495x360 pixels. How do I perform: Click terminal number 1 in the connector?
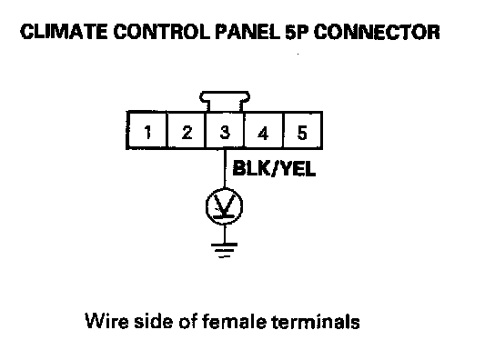pyautogui.click(x=146, y=130)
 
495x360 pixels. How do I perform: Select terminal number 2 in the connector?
pyautogui.click(x=187, y=130)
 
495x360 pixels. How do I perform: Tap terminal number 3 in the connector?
pyautogui.click(x=225, y=130)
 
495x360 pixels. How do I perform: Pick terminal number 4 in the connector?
pyautogui.click(x=264, y=130)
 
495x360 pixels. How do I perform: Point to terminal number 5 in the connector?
pyautogui.click(x=302, y=130)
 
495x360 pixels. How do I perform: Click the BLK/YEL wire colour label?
pyautogui.click(x=274, y=169)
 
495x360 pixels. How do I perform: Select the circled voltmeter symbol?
pyautogui.click(x=224, y=206)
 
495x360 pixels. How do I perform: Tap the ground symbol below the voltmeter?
pyautogui.click(x=224, y=250)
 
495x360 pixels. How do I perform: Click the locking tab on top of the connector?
pyautogui.click(x=225, y=101)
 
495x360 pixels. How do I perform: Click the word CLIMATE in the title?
pyautogui.click(x=64, y=32)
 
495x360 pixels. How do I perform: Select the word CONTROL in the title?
pyautogui.click(x=162, y=32)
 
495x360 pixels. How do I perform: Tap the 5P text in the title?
pyautogui.click(x=297, y=32)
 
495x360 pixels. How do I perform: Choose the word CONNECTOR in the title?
pyautogui.click(x=377, y=32)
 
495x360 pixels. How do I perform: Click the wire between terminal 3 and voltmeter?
pyautogui.click(x=225, y=168)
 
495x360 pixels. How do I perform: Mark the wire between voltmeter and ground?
pyautogui.click(x=225, y=235)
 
